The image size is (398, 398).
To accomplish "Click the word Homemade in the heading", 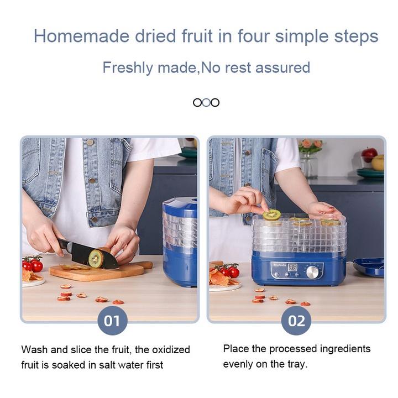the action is (x=81, y=36).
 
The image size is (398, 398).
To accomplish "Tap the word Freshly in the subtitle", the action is (x=128, y=68).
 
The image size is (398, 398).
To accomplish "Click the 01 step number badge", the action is (x=112, y=321).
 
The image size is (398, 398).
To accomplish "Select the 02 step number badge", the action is (x=296, y=321).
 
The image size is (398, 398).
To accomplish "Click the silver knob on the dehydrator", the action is (x=312, y=273).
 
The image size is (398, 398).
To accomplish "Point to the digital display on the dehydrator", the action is (x=292, y=268).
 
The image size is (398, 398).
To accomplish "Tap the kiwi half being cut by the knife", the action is (x=96, y=258).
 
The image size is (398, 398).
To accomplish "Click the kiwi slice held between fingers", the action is (x=271, y=214).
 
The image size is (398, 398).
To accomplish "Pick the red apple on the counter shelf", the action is (x=369, y=155).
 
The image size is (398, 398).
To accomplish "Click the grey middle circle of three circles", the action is (x=206, y=103).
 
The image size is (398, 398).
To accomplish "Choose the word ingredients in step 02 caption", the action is (x=345, y=349).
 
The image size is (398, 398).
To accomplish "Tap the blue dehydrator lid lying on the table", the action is (x=369, y=267).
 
